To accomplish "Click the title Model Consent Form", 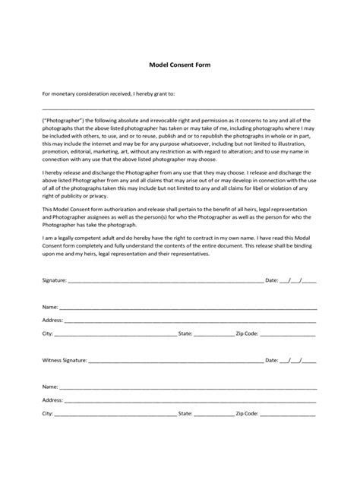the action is tap(179, 65).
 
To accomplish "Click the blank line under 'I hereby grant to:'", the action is tap(179, 109).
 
